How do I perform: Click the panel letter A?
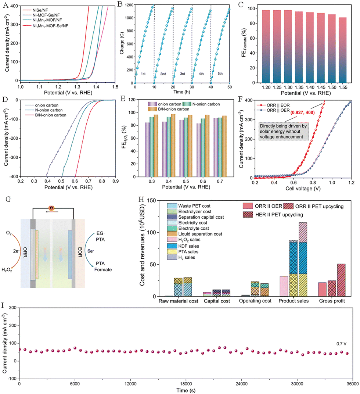[x=6, y=5]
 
